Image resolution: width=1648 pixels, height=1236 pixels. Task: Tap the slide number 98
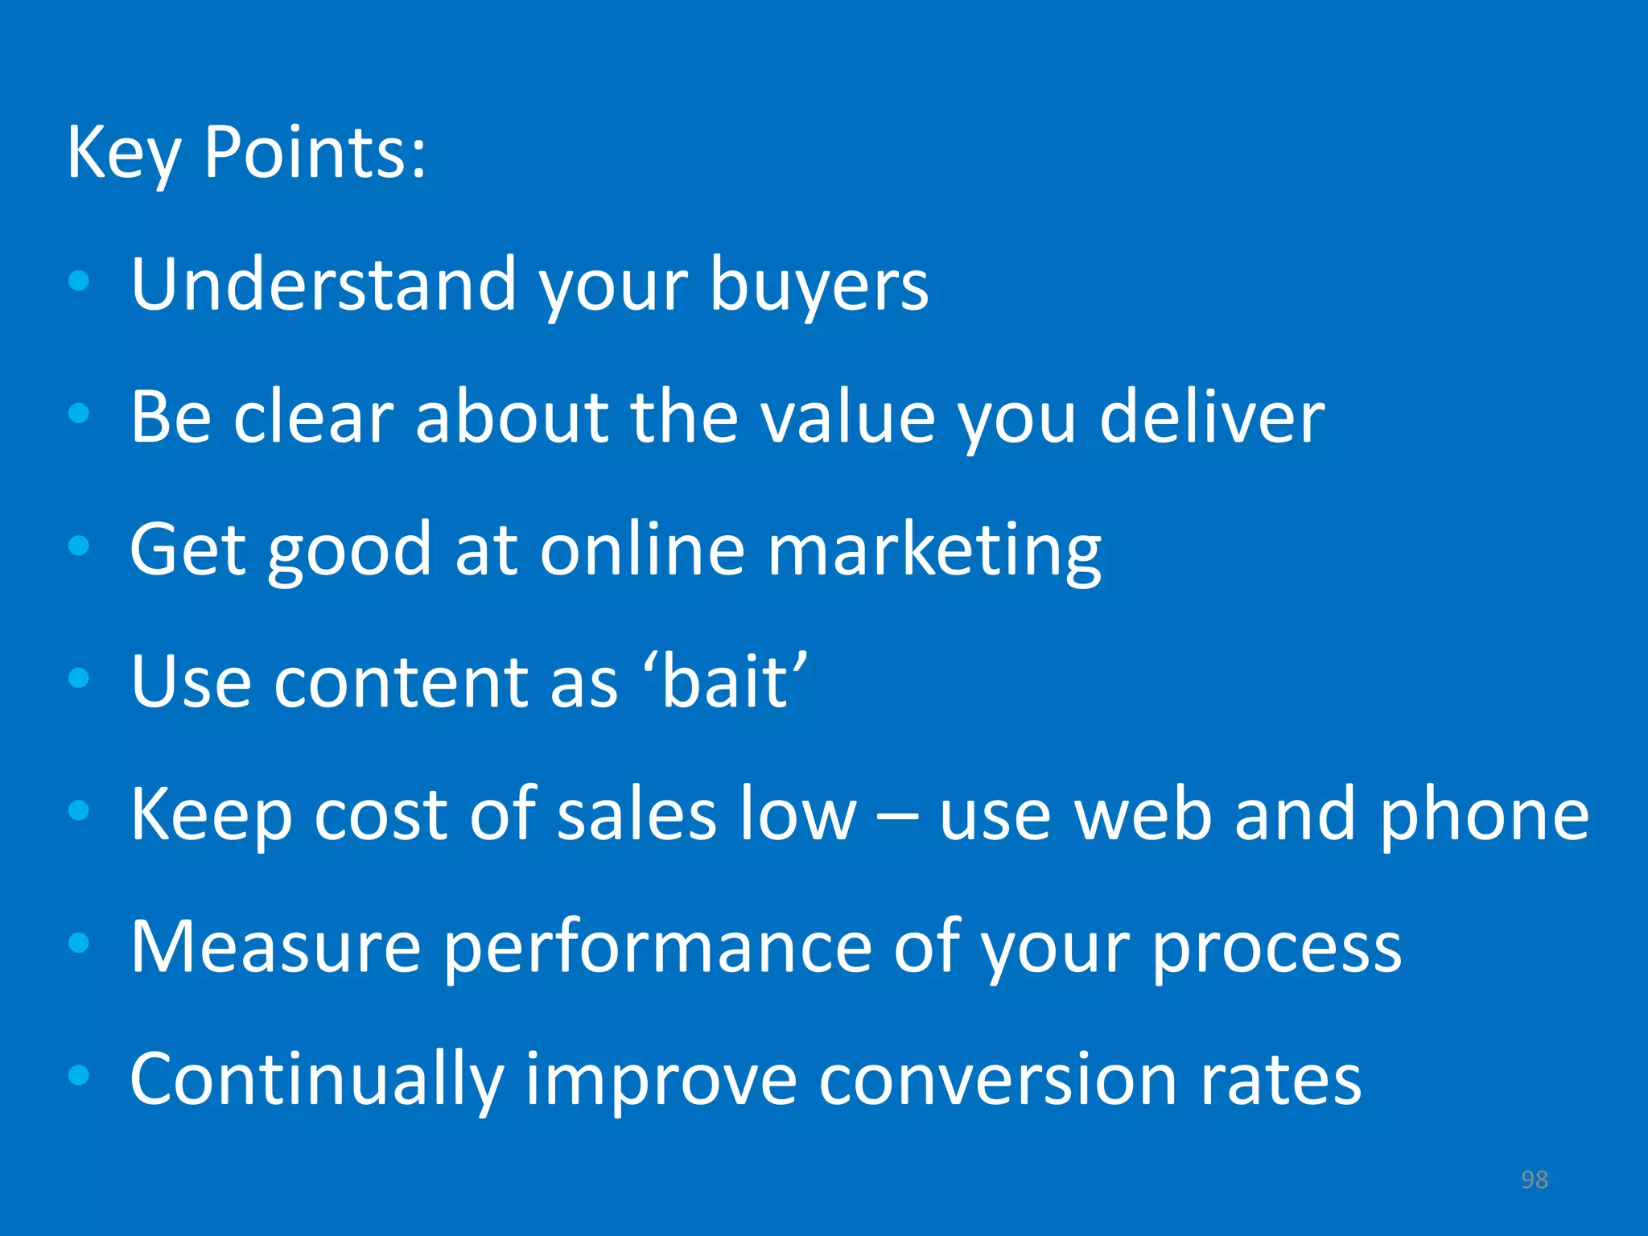pos(1534,1180)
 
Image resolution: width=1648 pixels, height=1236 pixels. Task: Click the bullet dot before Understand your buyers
pos(79,282)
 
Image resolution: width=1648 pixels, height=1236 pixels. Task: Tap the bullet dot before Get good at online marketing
pos(79,546)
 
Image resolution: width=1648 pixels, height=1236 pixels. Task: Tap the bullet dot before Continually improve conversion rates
pos(79,1075)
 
